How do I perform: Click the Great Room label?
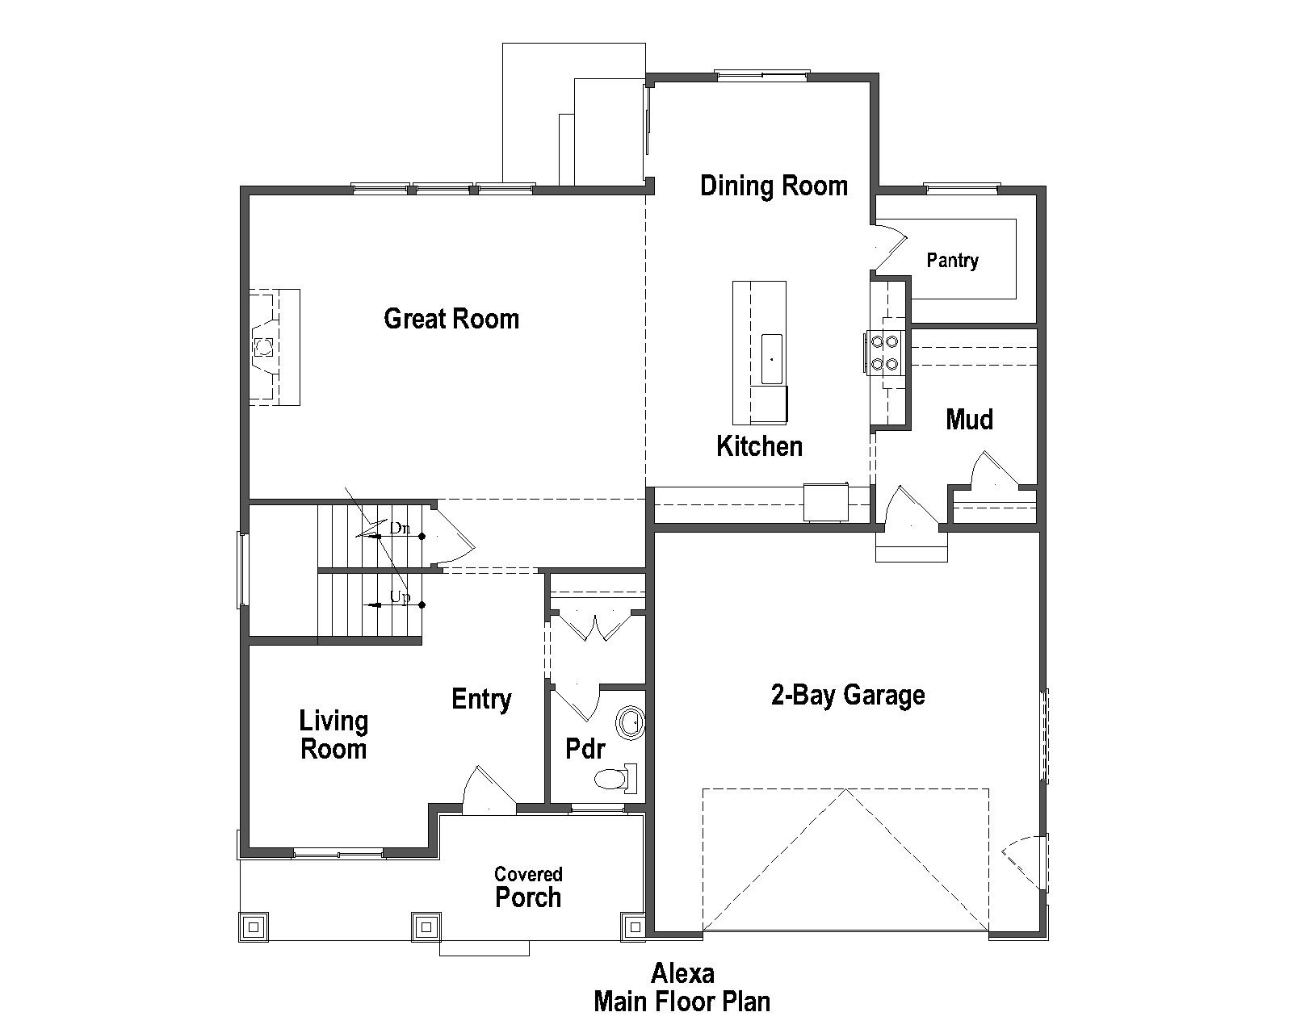pos(451,319)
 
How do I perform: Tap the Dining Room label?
pos(774,186)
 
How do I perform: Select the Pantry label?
pos(952,261)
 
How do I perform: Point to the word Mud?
pos(969,419)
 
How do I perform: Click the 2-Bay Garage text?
pos(848,695)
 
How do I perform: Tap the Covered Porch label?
pos(528,887)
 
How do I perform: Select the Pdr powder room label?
pos(585,749)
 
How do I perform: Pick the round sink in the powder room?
pos(629,721)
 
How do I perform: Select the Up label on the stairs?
pos(401,597)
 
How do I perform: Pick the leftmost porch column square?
pos(254,926)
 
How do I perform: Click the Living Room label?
pos(333,734)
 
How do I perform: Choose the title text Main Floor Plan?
pos(682,1002)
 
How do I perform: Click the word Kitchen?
pos(759,446)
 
